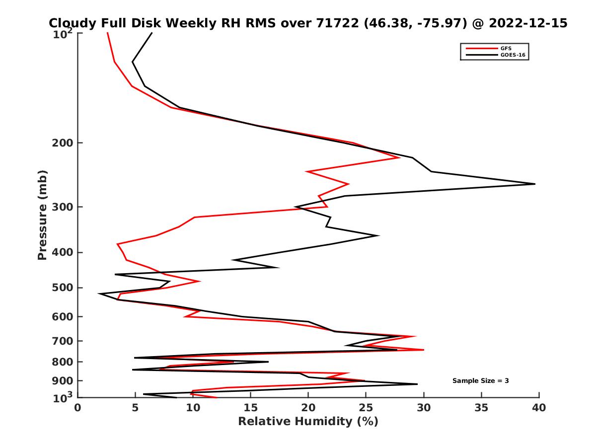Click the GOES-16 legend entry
(512, 55)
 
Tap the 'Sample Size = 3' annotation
(480, 381)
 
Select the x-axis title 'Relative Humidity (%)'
(308, 422)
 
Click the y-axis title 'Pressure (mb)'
(42, 215)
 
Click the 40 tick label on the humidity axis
(539, 408)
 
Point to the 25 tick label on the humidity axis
(366, 408)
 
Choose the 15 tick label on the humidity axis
(251, 408)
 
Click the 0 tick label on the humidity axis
(78, 408)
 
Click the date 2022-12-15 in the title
(528, 23)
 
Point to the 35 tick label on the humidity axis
(481, 408)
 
